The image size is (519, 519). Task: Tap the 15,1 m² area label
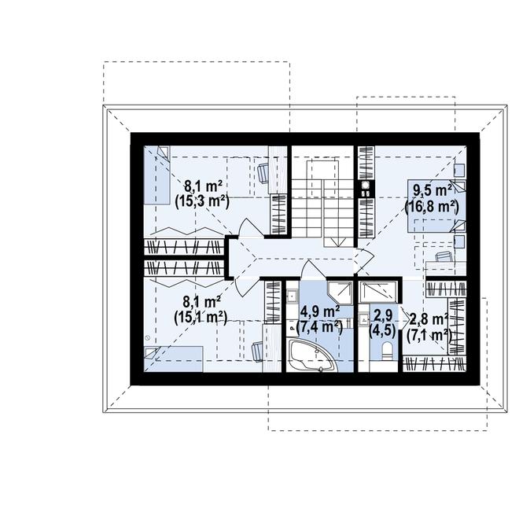coord(201,317)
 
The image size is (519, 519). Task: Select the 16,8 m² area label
coord(431,206)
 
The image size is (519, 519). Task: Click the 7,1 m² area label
coord(429,334)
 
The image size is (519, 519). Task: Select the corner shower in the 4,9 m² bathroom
coord(339,290)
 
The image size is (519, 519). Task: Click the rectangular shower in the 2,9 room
coord(377,290)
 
